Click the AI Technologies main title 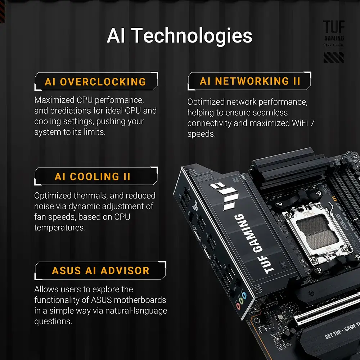180,36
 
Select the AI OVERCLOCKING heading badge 96,81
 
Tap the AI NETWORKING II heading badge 249,81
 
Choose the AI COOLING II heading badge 96,176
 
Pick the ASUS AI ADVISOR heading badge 100,270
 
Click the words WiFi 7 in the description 303,123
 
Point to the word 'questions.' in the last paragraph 53,321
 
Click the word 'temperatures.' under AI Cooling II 60,228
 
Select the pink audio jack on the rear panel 239,306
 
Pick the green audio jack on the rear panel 241,301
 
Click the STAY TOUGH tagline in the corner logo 334,45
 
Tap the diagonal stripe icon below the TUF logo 334,57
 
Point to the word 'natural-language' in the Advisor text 136,311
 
